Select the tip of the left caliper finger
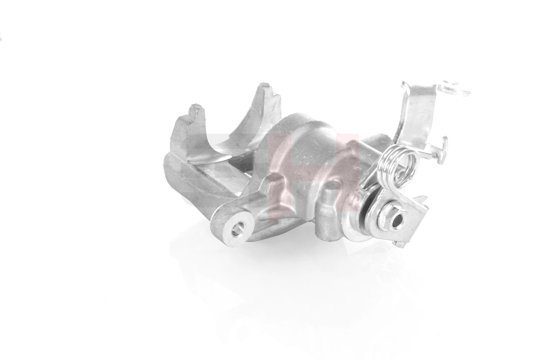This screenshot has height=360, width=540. click(x=195, y=109)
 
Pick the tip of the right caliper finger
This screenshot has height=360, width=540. click(x=265, y=87)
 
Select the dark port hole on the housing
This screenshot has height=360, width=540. click(x=333, y=184)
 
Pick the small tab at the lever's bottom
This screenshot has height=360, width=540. click(x=398, y=244)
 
